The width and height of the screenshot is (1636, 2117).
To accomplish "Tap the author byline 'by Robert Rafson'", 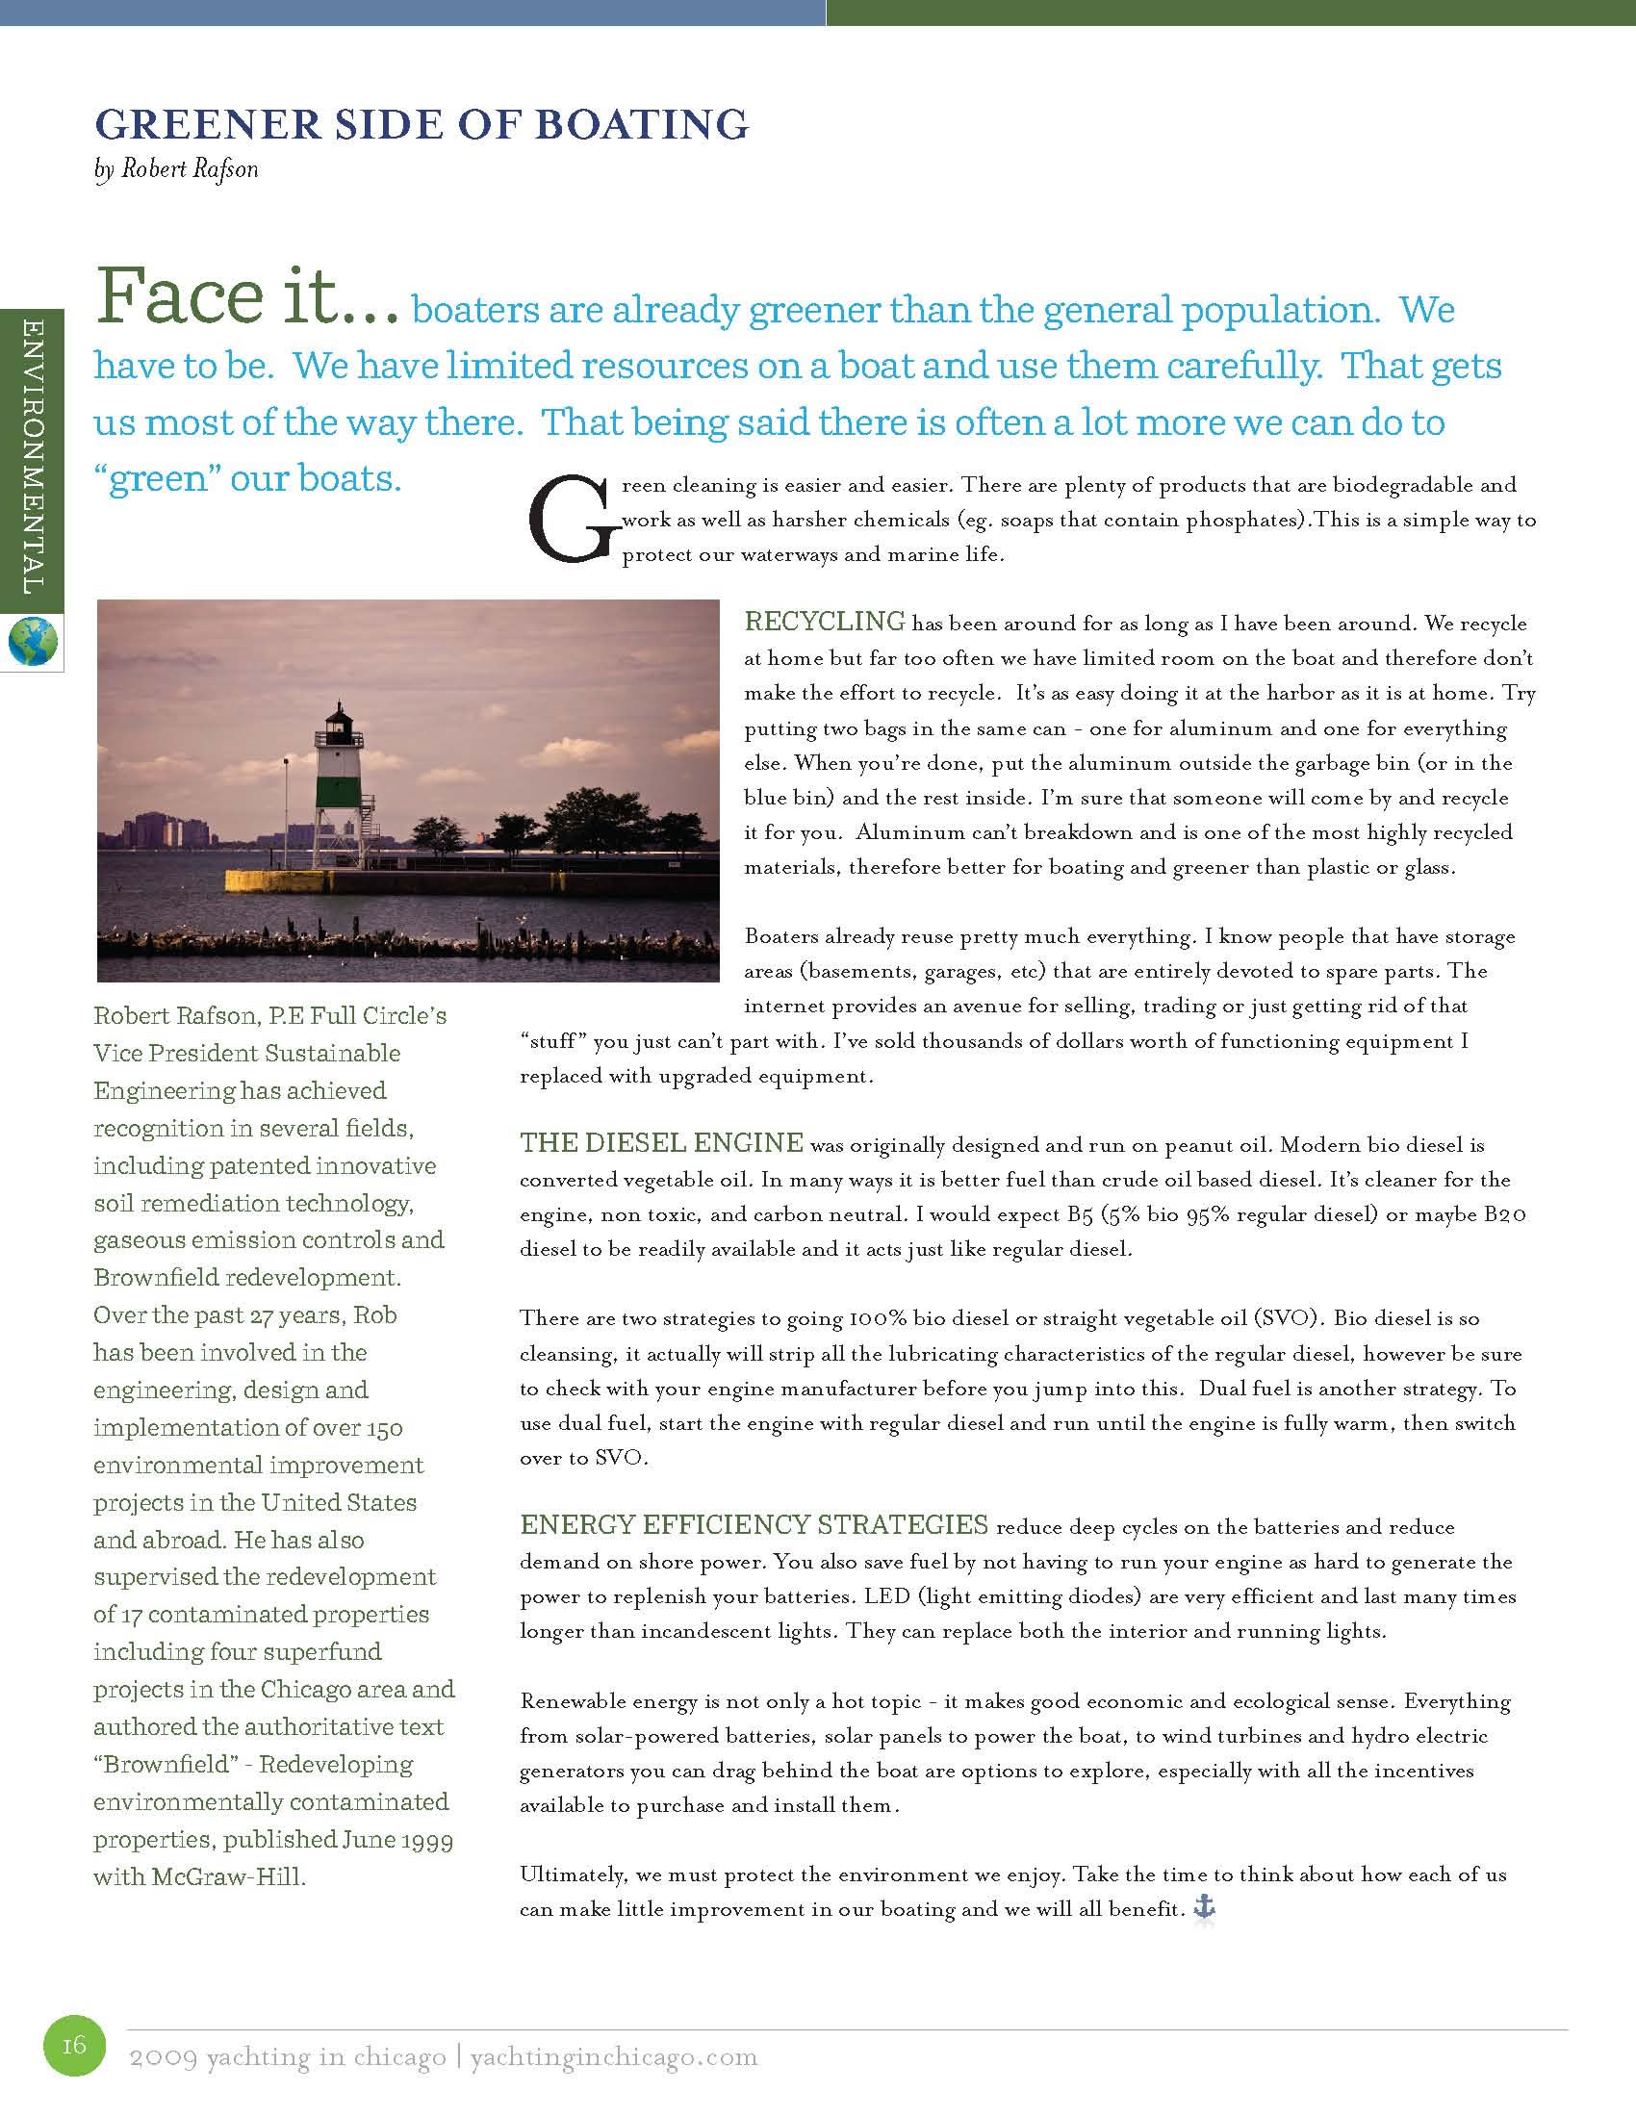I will point(176,169).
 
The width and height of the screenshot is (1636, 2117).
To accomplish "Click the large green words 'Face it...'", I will point(246,297).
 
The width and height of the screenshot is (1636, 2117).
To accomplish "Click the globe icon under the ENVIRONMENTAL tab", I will point(32,641).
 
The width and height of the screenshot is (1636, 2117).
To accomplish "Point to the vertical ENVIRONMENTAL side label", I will point(31,455).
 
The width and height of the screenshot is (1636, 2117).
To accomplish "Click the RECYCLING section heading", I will point(824,621).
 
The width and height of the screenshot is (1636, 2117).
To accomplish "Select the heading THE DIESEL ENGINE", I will point(661,1144).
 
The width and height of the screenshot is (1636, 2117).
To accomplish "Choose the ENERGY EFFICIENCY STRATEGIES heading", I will point(754,1525).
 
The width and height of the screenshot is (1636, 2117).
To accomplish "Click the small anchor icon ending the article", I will point(1203,1908).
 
